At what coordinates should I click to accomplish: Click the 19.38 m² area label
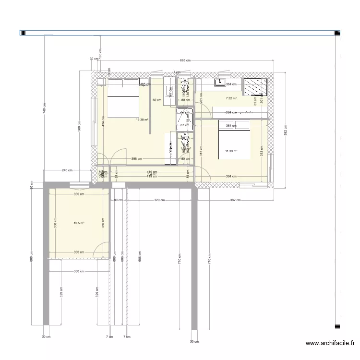[142, 120]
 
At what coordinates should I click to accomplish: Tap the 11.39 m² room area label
[231, 151]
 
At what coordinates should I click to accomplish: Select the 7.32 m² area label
[231, 98]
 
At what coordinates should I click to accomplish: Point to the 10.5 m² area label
[79, 223]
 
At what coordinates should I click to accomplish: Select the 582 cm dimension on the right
[285, 130]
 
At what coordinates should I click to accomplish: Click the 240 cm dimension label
[67, 170]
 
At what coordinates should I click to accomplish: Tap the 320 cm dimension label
[159, 200]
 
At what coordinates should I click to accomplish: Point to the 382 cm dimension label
[235, 200]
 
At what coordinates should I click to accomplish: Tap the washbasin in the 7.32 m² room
[222, 81]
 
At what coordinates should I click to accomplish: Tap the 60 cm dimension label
[156, 100]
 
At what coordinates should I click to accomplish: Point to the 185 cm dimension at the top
[100, 54]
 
